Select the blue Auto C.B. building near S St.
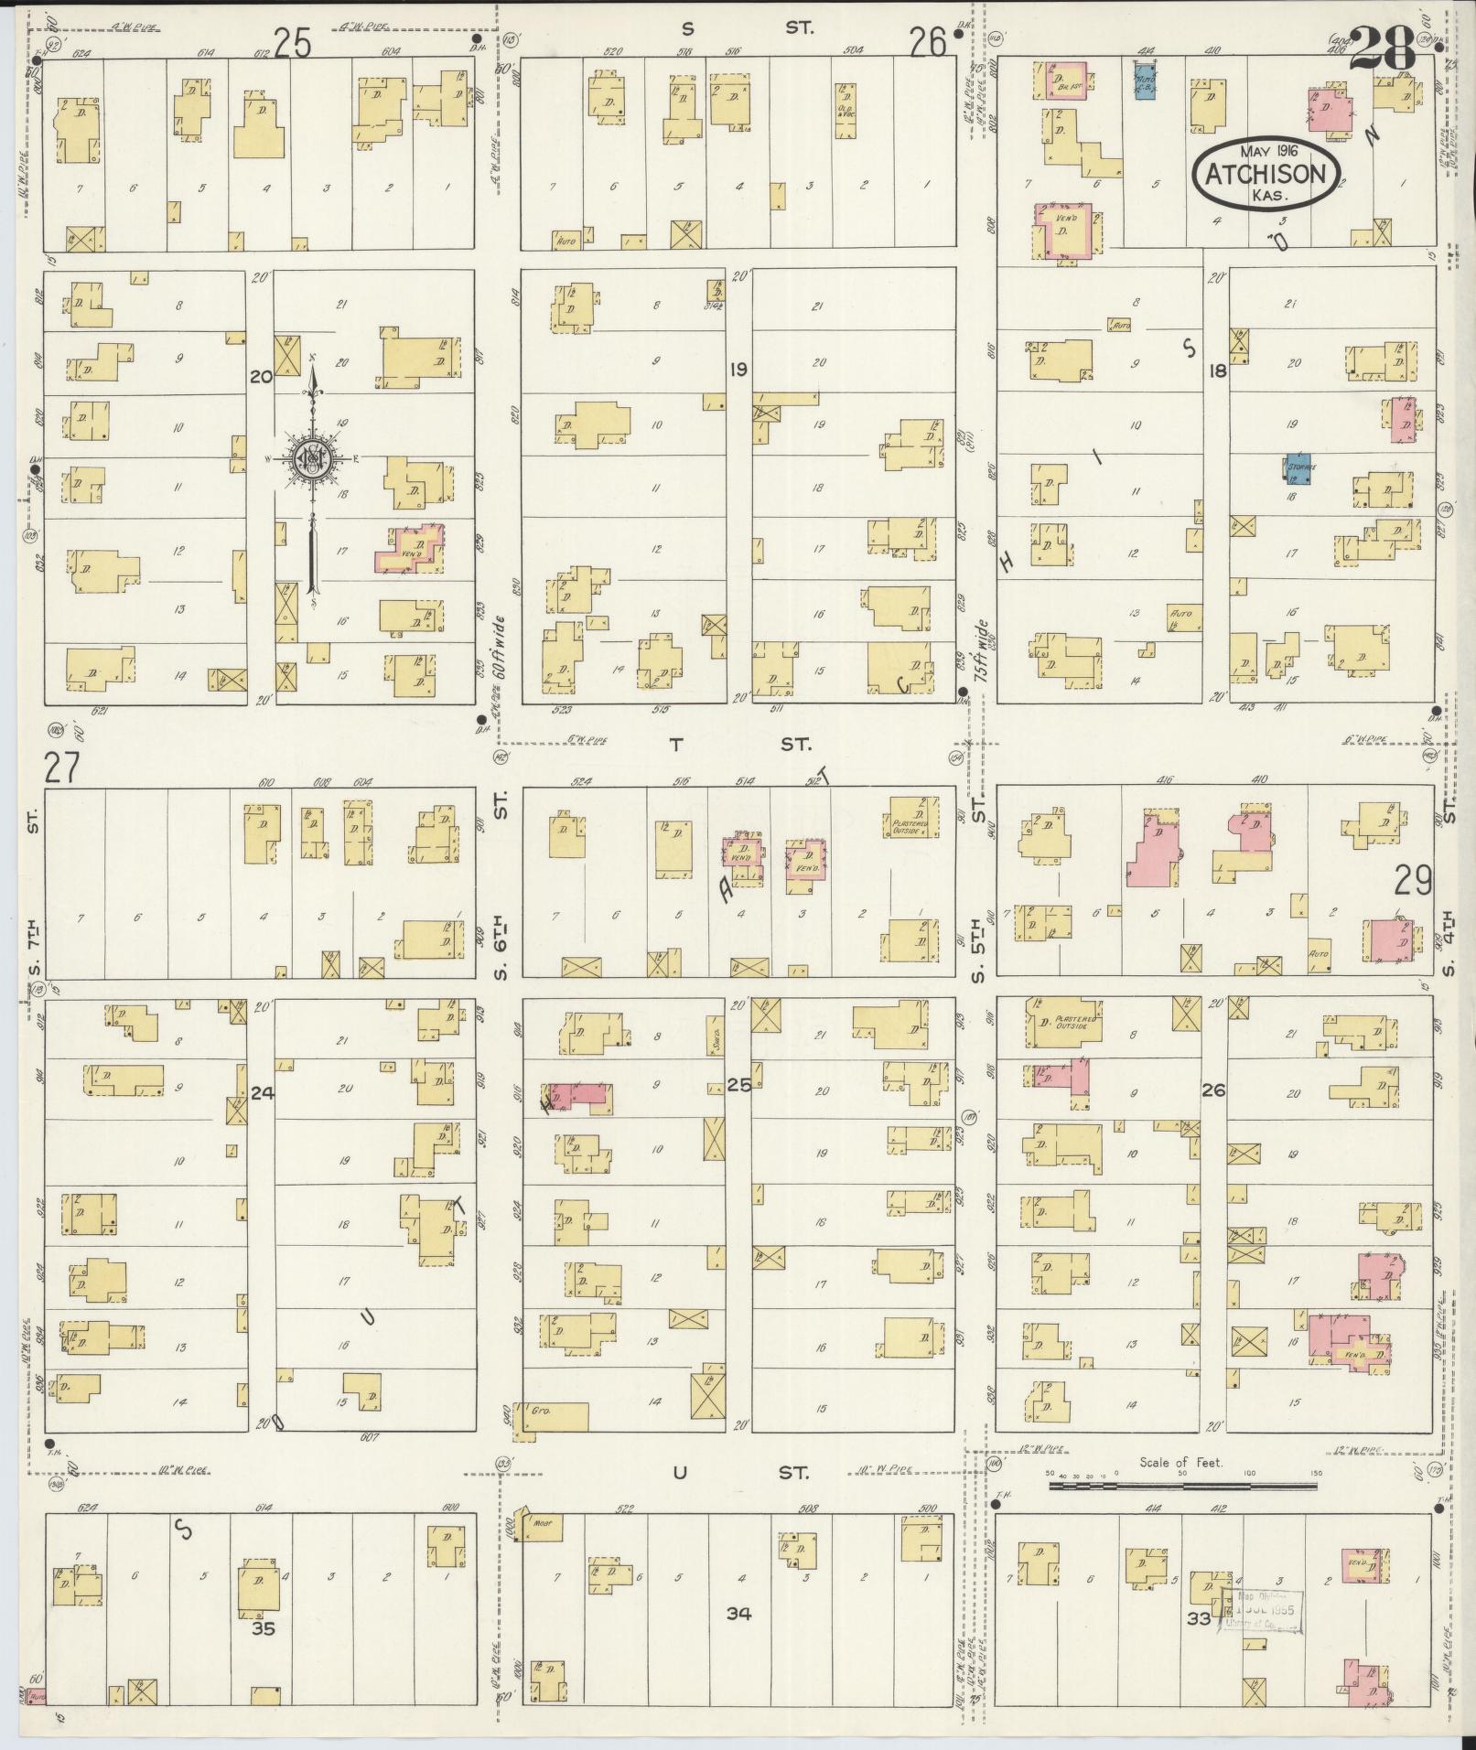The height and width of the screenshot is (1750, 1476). tap(1144, 81)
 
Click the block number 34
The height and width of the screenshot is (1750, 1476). tap(738, 1614)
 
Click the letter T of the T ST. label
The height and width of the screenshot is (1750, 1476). tap(675, 745)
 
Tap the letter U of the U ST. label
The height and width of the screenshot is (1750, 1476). tap(678, 1473)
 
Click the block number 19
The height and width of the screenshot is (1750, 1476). tap(738, 370)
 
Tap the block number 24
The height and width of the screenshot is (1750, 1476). tap(263, 1090)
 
